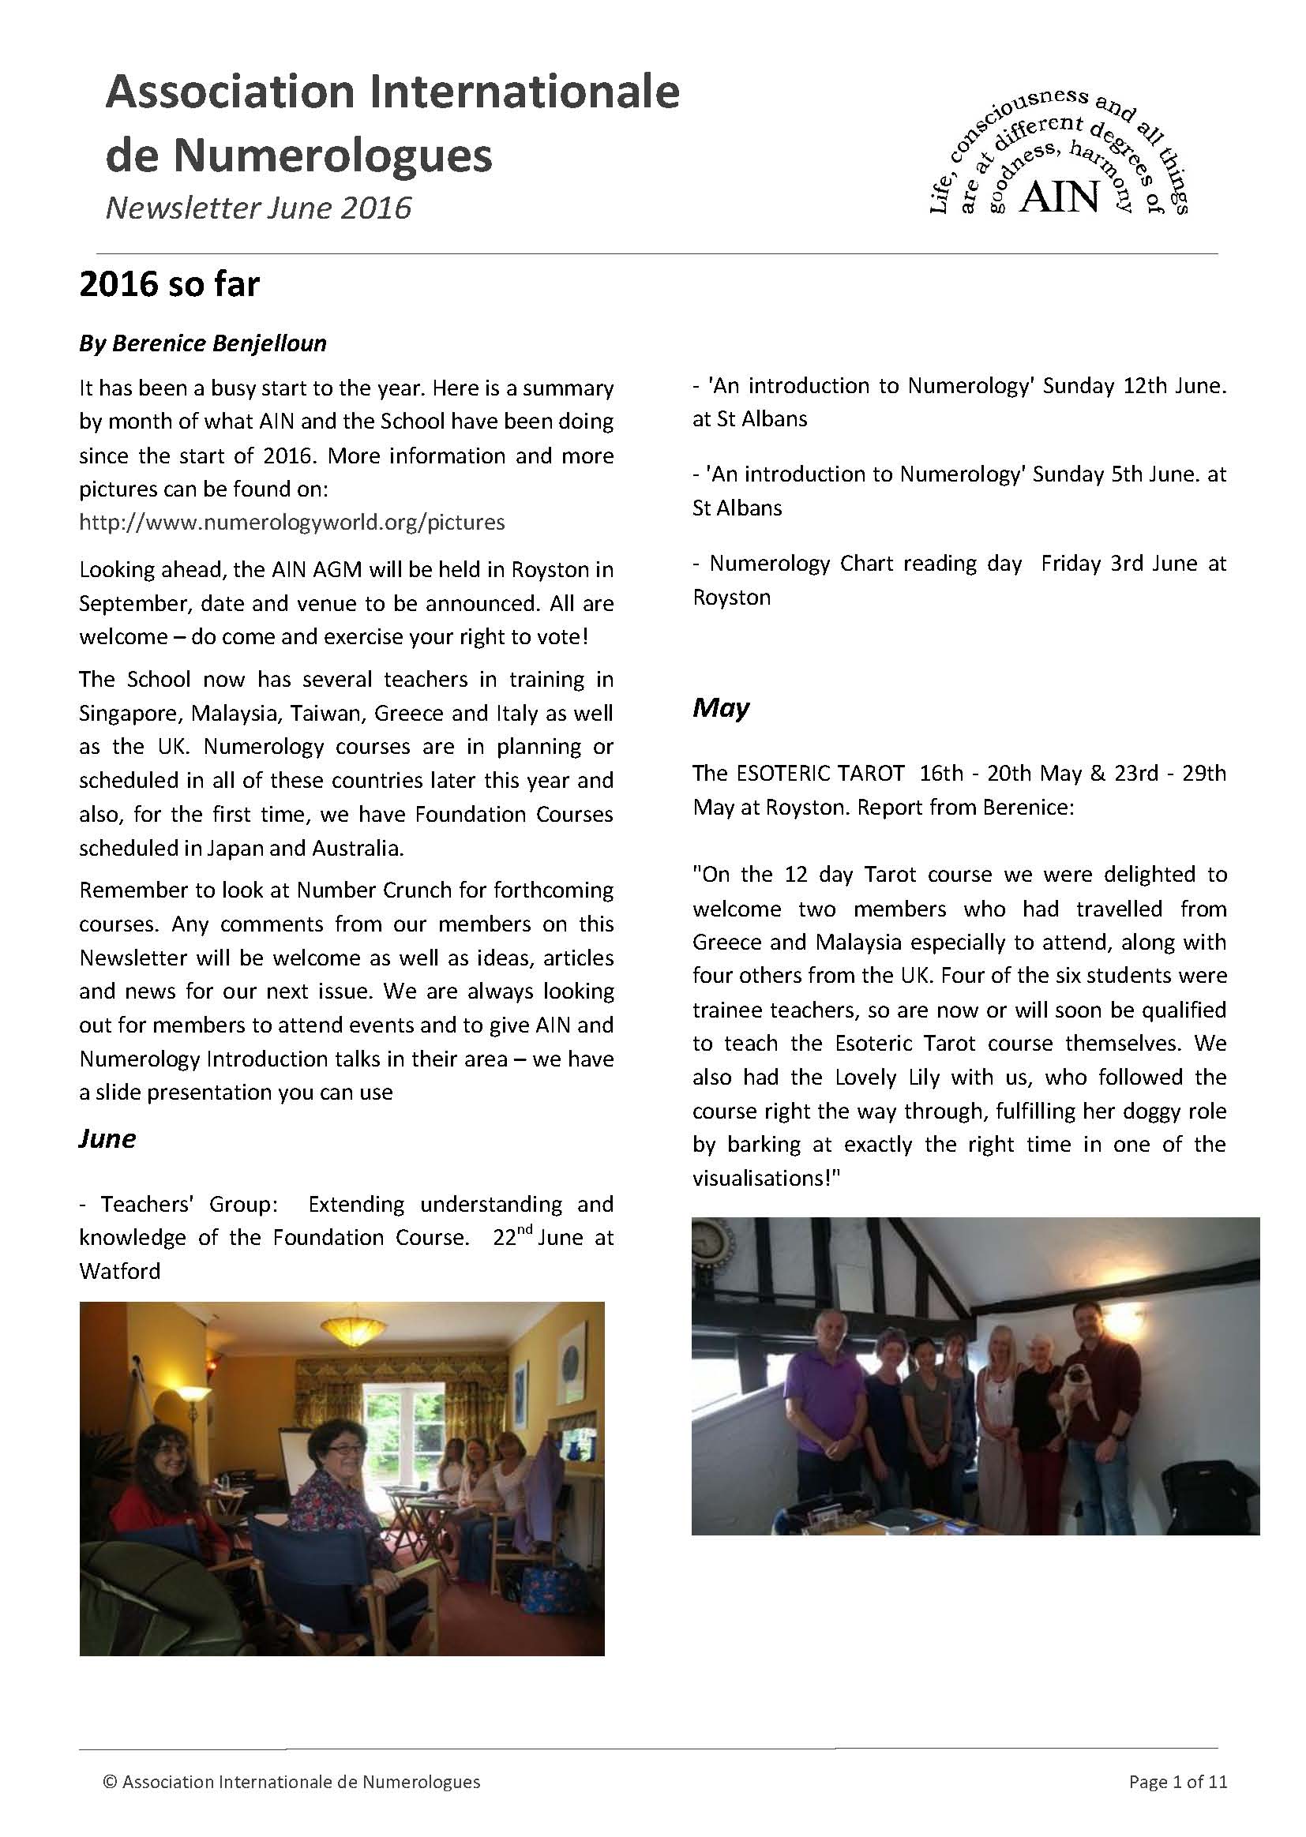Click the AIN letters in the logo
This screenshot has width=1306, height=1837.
(1058, 196)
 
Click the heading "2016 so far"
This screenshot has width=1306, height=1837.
(169, 285)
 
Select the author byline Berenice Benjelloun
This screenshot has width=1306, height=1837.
(203, 343)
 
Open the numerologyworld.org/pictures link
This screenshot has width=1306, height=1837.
(292, 523)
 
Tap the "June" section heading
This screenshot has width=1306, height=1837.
(107, 1138)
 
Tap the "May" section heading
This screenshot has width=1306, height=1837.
(721, 707)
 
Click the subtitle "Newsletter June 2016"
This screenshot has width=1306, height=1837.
(258, 208)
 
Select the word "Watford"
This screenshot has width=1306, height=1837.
(120, 1271)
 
